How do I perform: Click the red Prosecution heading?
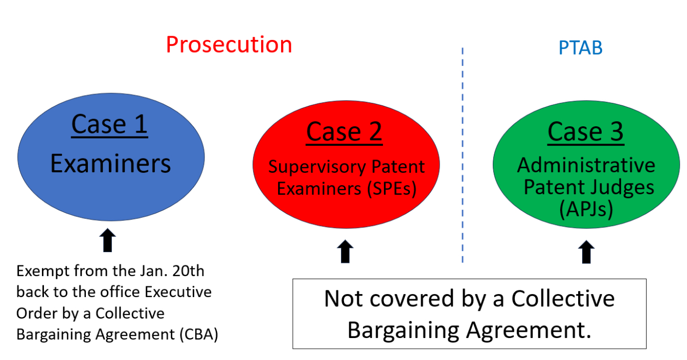[x=228, y=45]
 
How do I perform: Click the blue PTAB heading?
[x=580, y=48]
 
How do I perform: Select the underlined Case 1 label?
[x=109, y=124]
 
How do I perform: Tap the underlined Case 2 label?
[x=344, y=131]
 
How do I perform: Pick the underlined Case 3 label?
[x=585, y=131]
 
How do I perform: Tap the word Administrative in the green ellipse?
[x=586, y=165]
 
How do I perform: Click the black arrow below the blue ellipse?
[x=108, y=240]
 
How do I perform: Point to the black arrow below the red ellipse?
[x=346, y=251]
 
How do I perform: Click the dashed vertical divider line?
[x=462, y=153]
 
